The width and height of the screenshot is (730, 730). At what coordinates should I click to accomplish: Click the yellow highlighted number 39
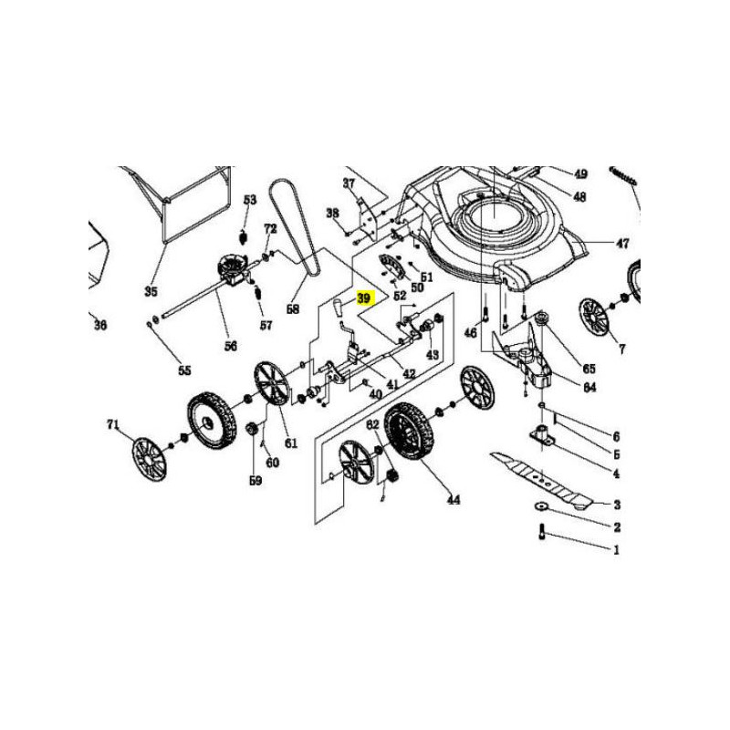click(x=364, y=298)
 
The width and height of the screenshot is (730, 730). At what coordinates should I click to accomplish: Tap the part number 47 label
click(x=622, y=244)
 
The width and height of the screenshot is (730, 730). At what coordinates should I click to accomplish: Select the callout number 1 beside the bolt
click(x=615, y=550)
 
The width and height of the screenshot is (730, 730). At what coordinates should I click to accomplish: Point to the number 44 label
click(x=454, y=500)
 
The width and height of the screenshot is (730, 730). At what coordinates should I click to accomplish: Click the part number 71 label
click(x=113, y=424)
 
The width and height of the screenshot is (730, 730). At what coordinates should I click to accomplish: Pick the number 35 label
click(x=151, y=292)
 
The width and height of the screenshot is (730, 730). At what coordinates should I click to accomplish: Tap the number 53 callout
click(x=250, y=200)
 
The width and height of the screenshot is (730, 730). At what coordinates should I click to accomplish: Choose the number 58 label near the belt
click(x=293, y=309)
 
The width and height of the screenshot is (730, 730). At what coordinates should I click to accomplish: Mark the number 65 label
click(x=589, y=369)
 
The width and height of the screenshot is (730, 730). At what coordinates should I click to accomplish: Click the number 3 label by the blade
click(x=616, y=505)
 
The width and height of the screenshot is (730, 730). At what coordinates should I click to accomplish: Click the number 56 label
click(x=230, y=346)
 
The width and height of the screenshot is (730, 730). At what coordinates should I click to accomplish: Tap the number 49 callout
click(x=580, y=173)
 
